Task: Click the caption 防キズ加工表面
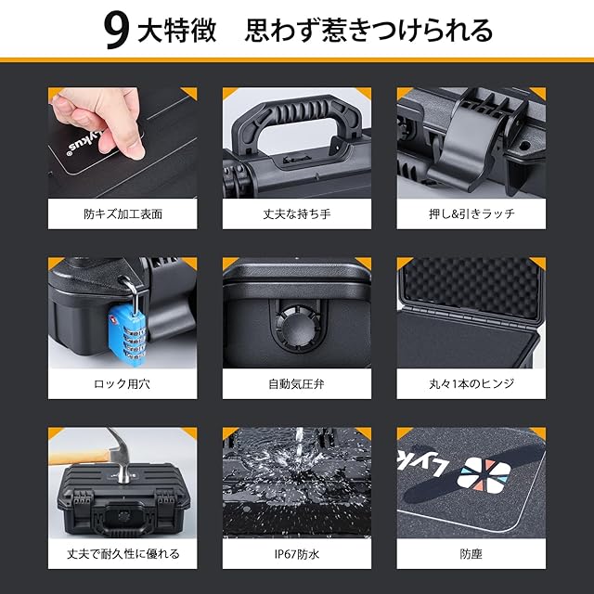pos(123,214)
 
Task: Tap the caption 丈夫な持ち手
pos(297,214)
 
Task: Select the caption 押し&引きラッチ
pos(471,214)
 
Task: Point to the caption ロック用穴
pos(122,383)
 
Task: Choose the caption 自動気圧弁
pos(297,383)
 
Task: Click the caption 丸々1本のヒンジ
pos(471,383)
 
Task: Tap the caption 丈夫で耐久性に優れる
pos(123,554)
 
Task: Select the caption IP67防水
pos(297,554)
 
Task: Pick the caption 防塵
pos(471,554)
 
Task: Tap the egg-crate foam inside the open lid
pos(473,287)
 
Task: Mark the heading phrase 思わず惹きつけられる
pos(368,31)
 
